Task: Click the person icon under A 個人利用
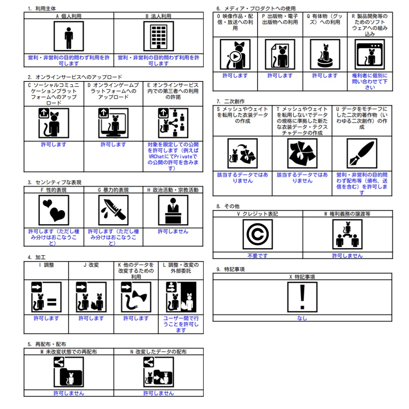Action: (x=69, y=36)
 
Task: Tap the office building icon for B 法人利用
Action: (x=159, y=36)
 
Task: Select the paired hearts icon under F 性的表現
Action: (x=54, y=210)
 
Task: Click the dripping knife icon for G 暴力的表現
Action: (x=113, y=210)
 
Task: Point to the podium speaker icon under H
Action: (x=173, y=210)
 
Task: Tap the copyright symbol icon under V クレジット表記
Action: (x=258, y=234)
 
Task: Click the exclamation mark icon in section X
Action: (x=302, y=297)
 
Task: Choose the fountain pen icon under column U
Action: (x=362, y=153)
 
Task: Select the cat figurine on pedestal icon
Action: (x=325, y=54)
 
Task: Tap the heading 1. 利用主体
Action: (x=42, y=9)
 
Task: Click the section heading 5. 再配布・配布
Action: (x=47, y=344)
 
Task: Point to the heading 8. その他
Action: (x=228, y=206)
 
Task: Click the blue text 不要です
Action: (x=258, y=256)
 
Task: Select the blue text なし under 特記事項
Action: (x=302, y=318)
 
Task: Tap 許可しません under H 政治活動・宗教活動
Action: (x=173, y=231)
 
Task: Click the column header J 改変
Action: (x=91, y=265)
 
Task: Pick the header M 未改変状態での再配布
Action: (x=69, y=351)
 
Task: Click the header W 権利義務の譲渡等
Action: (x=347, y=214)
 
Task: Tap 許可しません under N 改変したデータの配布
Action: (x=159, y=393)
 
